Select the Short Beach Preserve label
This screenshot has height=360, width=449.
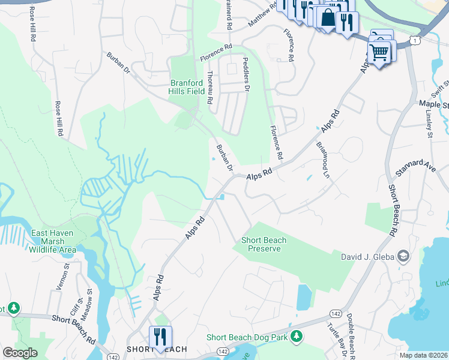264,244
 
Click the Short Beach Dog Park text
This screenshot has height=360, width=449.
247,338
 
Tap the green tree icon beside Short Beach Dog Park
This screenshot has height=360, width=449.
295,338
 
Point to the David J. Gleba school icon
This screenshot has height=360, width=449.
403,257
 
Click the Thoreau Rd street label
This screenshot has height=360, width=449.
210,88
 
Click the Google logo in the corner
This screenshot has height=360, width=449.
20,352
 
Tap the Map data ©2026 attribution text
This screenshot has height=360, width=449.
423,355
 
